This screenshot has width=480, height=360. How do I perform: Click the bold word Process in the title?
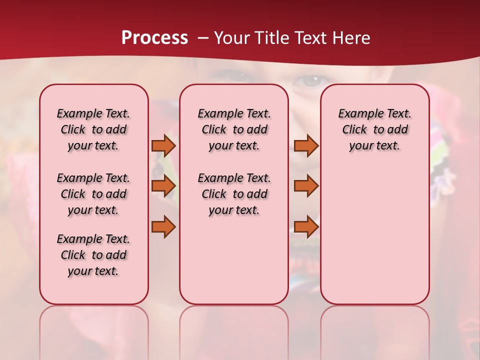154,37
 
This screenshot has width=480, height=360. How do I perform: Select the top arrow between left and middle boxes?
163,146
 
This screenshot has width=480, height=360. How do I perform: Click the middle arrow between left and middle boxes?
163,186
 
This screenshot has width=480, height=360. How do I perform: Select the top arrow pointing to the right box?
306,146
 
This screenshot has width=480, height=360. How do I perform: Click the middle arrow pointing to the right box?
306,186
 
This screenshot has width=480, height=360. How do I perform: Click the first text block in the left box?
93,129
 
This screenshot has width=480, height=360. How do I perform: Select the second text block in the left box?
93,194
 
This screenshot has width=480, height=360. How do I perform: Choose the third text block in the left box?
93,255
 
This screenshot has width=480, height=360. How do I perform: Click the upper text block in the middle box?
234,129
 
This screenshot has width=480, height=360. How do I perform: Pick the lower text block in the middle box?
234,194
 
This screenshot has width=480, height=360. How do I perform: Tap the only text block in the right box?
374,129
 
